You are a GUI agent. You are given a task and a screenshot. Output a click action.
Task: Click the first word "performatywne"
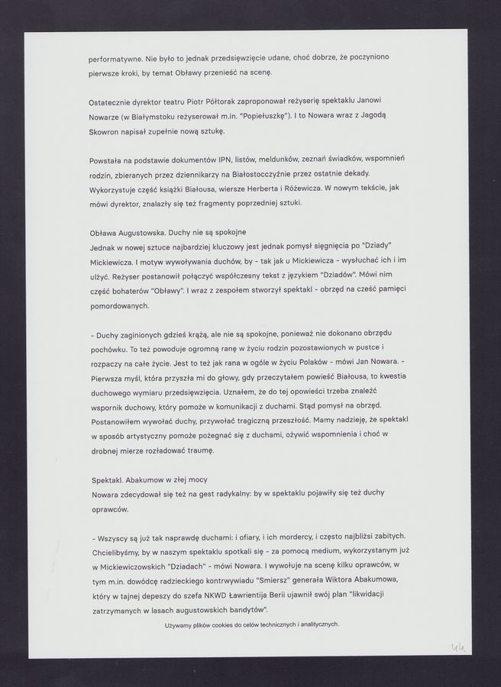(x=115, y=58)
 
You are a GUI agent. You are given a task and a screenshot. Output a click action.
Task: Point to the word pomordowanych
(x=122, y=305)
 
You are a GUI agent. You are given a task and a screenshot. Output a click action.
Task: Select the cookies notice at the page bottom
(x=251, y=624)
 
